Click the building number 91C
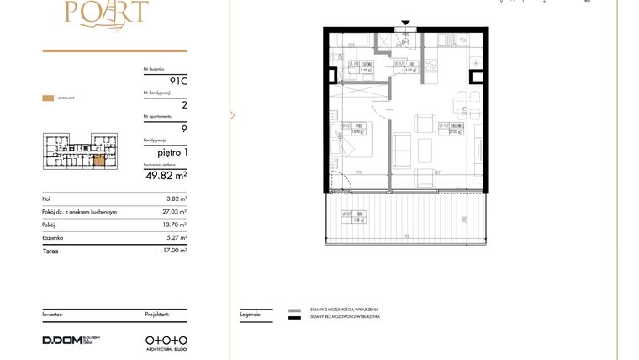177,82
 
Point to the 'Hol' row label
47,199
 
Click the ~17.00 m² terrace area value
174,250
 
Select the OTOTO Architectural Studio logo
166,341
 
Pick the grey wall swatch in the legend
294,310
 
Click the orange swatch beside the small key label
47,98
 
